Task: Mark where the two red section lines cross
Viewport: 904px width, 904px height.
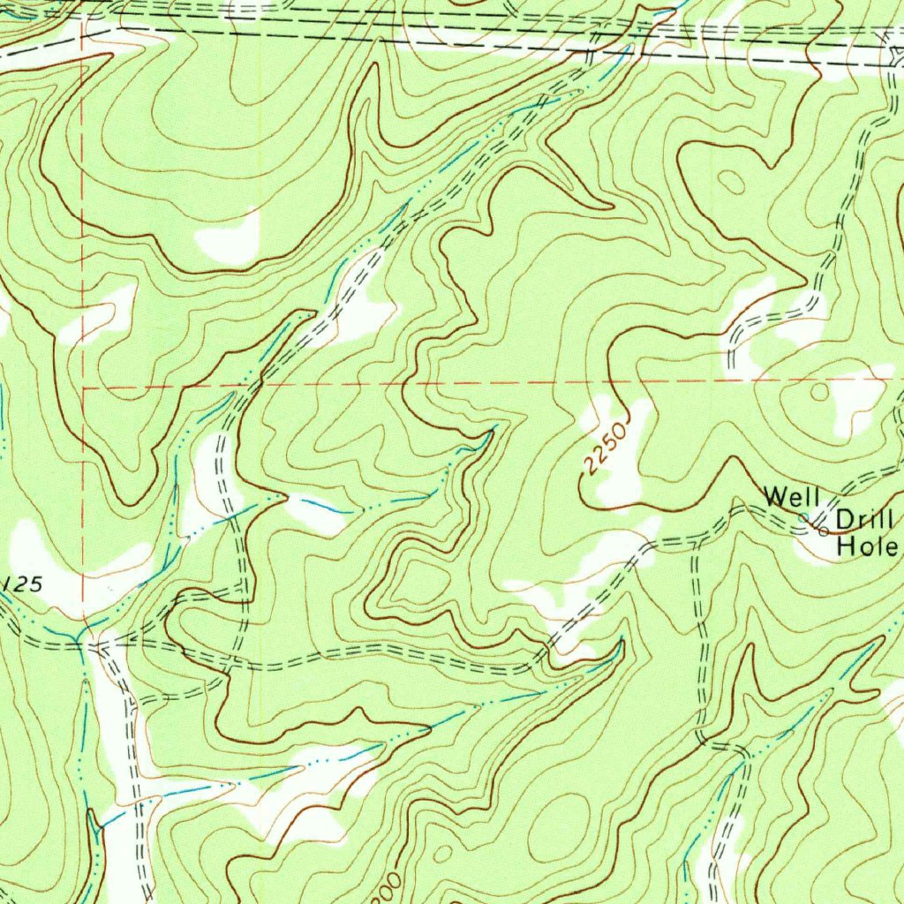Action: coord(82,387)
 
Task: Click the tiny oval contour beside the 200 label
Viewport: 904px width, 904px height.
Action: coord(441,854)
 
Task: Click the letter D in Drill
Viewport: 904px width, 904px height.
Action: coord(845,518)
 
